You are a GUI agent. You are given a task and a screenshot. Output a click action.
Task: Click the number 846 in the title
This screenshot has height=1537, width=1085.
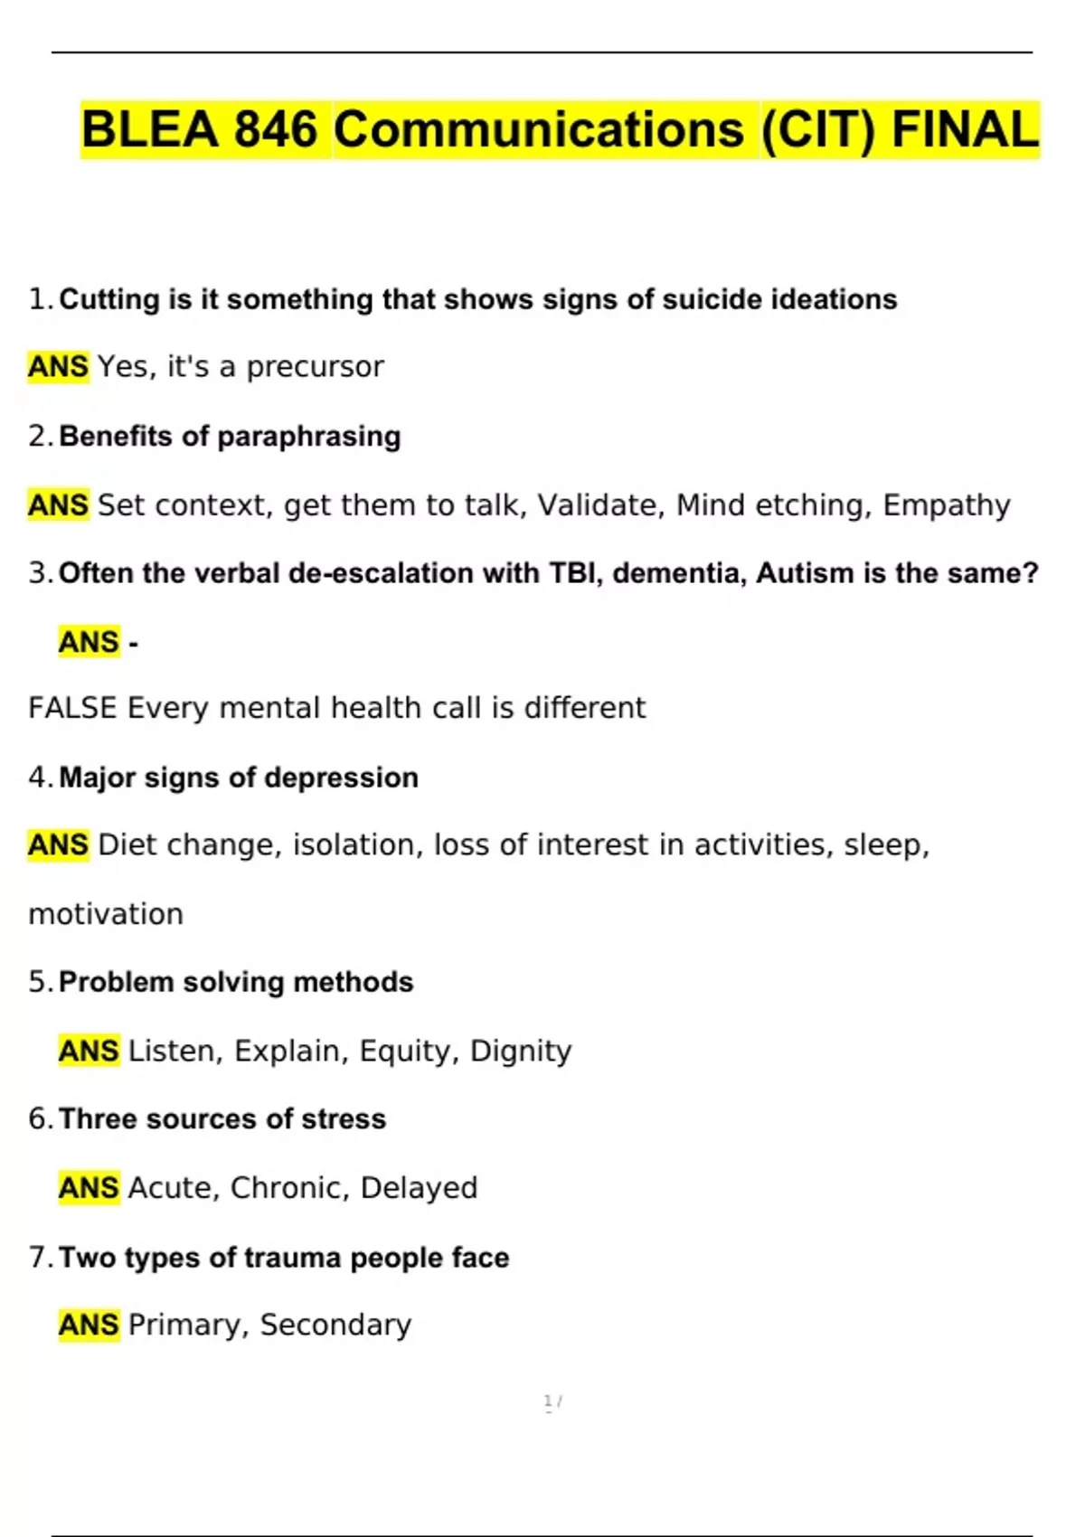[276, 129]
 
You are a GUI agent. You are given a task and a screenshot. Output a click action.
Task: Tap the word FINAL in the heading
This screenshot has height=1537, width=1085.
[965, 129]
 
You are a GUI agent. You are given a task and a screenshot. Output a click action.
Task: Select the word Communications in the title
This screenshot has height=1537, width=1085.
[539, 129]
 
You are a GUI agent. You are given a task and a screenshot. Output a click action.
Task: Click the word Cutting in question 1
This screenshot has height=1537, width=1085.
[109, 299]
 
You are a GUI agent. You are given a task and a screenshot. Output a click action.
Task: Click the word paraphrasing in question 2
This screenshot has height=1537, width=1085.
[309, 437]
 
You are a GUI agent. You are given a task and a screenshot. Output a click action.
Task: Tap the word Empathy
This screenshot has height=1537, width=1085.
[946, 504]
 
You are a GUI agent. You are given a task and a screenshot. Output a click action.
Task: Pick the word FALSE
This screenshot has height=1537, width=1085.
[72, 708]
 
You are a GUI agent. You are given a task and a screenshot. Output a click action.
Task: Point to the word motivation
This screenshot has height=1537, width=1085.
[106, 914]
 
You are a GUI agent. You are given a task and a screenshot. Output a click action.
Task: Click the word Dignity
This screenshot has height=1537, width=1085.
[521, 1051]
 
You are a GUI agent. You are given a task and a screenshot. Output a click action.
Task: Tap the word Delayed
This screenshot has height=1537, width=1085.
[419, 1187]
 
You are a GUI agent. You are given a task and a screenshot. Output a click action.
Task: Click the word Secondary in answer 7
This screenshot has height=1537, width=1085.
[335, 1325]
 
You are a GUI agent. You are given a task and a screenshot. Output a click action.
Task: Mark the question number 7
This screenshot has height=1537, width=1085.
[38, 1257]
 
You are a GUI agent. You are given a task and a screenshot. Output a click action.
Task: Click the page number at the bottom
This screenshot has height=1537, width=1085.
[548, 1401]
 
